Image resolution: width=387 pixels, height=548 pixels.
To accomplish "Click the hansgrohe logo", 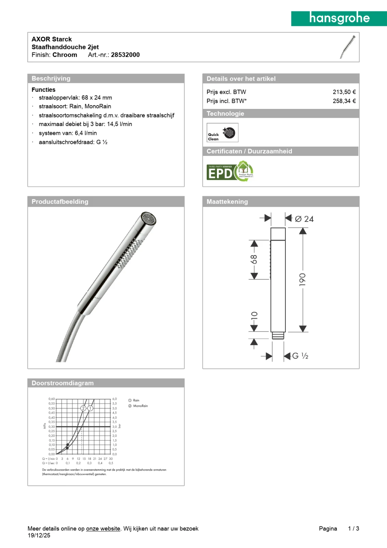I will (x=339, y=18).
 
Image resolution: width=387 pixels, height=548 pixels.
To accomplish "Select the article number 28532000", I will (x=125, y=55).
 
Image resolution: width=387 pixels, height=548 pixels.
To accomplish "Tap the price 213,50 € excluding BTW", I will (x=344, y=92).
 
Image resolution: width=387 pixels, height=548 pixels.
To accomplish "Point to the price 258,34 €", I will (x=344, y=101).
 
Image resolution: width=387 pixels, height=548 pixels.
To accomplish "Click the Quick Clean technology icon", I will (x=222, y=133).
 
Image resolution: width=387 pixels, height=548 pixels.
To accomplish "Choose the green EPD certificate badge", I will (x=230, y=172).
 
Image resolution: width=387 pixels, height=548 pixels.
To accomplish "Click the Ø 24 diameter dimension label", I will (x=304, y=219).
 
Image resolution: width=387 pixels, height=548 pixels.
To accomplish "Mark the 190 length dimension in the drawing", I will (x=302, y=280).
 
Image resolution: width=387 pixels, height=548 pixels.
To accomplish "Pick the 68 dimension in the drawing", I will (x=254, y=259).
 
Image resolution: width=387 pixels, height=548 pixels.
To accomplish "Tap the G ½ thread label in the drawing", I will (x=300, y=356).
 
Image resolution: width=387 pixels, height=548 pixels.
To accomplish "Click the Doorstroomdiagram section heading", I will (x=63, y=383).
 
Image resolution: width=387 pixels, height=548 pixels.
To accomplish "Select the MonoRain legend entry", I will (x=140, y=406).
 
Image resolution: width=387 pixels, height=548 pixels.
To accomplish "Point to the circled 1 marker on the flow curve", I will (x=90, y=408).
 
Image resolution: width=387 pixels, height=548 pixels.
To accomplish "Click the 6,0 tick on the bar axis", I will (x=115, y=399).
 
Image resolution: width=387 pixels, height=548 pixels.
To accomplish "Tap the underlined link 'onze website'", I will (x=103, y=528).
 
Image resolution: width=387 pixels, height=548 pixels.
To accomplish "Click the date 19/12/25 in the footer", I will (x=39, y=535).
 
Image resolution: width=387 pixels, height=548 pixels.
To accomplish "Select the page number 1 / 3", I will (x=353, y=528).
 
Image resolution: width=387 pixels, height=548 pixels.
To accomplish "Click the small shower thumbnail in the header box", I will (x=348, y=47).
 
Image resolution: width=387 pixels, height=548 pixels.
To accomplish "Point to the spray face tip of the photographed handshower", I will (x=149, y=218).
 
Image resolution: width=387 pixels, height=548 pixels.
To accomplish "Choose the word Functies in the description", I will (x=43, y=90).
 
